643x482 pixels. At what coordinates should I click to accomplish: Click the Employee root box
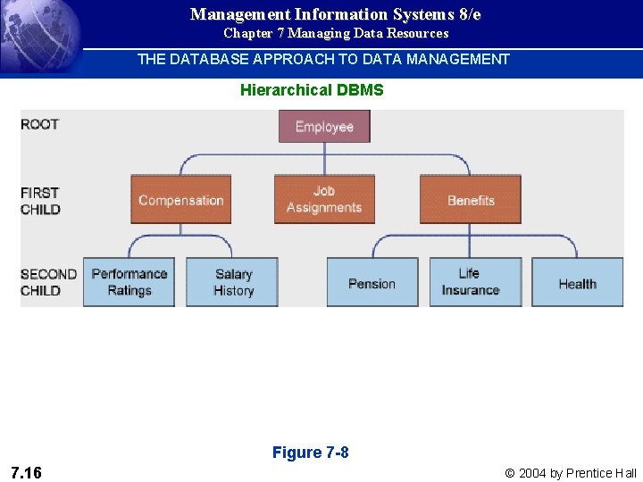click(x=324, y=127)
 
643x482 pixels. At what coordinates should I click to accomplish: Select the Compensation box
click(x=181, y=200)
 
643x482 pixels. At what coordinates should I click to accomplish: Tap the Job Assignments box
click(x=324, y=199)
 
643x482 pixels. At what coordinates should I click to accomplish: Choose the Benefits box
click(x=471, y=200)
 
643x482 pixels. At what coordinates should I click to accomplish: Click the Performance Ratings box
click(x=129, y=282)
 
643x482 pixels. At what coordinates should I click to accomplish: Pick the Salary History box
click(x=233, y=282)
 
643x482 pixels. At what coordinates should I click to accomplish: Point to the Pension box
click(x=372, y=283)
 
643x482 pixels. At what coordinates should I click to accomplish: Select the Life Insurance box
click(x=470, y=282)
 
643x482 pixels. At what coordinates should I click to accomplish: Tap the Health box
click(x=577, y=283)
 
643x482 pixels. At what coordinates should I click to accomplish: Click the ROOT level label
click(x=40, y=124)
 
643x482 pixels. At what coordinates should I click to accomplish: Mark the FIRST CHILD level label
click(x=41, y=201)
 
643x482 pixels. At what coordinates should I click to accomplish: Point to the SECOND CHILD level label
click(x=48, y=282)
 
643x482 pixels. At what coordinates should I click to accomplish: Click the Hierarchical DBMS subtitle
click(x=312, y=90)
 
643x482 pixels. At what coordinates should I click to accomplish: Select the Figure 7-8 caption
click(x=311, y=453)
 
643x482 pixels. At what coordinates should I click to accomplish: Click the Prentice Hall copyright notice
click(x=571, y=473)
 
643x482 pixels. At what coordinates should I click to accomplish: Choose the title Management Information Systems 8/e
click(x=336, y=14)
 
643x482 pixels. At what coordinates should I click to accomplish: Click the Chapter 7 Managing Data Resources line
click(x=336, y=33)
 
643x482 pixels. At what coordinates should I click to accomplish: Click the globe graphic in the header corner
click(x=36, y=36)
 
